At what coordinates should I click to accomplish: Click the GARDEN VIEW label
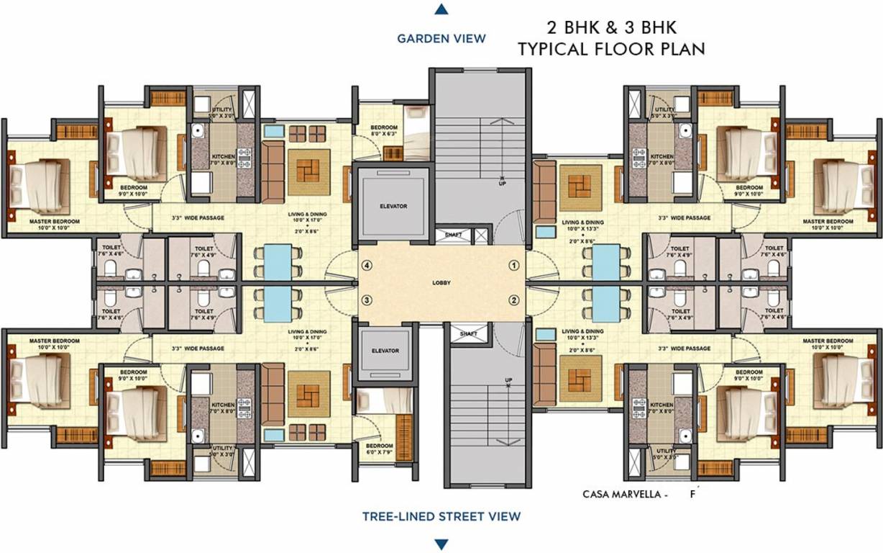tap(441, 38)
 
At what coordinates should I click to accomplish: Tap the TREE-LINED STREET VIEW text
tap(441, 516)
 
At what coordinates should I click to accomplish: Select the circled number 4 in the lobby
tap(367, 265)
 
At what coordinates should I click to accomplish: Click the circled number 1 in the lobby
tap(514, 265)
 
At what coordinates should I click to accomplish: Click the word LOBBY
tap(441, 283)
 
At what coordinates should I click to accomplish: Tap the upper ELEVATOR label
tap(393, 207)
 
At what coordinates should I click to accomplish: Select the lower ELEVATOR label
tap(385, 351)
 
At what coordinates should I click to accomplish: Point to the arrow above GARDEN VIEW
tap(441, 9)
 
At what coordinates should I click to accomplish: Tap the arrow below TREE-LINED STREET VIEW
tap(441, 544)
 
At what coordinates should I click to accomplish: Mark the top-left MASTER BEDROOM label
tap(55, 221)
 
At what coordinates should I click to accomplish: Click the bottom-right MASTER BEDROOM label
tap(828, 341)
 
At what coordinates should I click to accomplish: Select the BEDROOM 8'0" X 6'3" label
tap(384, 130)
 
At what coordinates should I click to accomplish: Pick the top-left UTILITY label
tap(222, 110)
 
